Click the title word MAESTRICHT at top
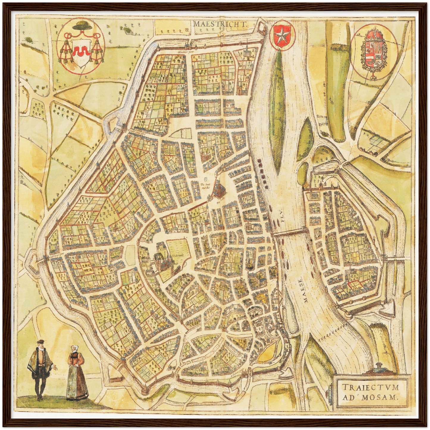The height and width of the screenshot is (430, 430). coord(221,24)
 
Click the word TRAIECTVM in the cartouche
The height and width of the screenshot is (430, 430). coord(370,387)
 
